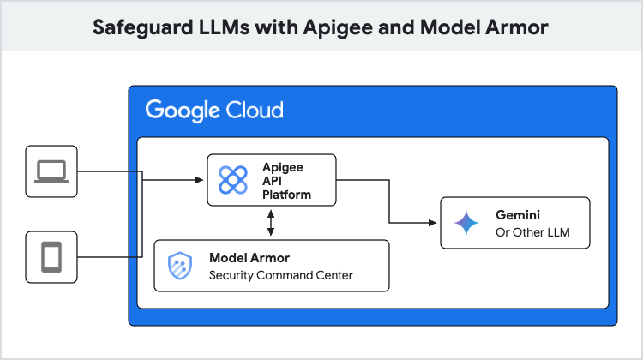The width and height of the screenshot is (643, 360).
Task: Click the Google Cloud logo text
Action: click(x=213, y=111)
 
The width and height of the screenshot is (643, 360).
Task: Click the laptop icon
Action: click(x=52, y=171)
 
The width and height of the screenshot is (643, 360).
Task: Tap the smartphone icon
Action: click(x=52, y=256)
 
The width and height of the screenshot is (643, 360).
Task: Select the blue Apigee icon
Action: click(x=233, y=179)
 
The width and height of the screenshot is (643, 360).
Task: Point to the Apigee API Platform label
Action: click(x=286, y=180)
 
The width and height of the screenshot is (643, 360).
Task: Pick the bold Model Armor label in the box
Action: click(x=249, y=258)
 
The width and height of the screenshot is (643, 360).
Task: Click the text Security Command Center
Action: click(x=281, y=275)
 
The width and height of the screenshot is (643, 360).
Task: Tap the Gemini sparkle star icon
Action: click(x=466, y=223)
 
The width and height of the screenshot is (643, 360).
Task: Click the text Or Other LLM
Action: click(x=532, y=232)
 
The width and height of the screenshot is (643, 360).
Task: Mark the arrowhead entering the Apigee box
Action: click(x=201, y=180)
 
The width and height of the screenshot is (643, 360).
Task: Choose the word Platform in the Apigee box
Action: click(x=286, y=195)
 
